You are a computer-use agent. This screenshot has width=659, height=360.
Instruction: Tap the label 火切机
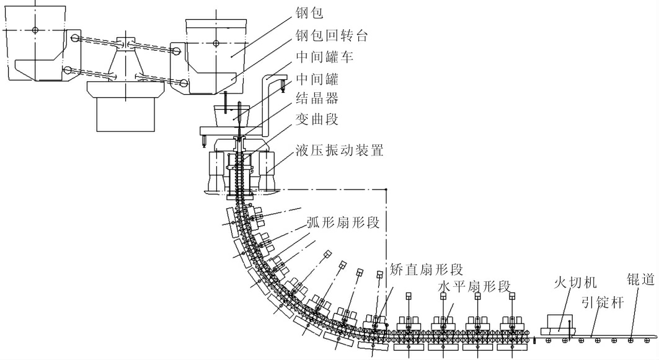575,283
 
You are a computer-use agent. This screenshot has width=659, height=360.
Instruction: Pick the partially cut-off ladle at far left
31,50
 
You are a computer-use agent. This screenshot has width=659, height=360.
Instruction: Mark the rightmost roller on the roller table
630,340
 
